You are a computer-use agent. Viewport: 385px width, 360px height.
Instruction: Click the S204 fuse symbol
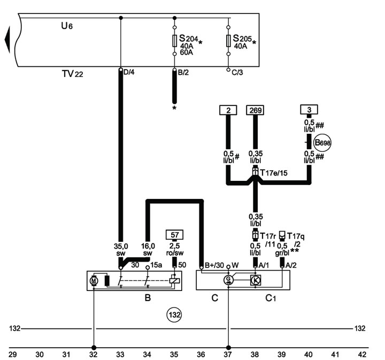pos(174,41)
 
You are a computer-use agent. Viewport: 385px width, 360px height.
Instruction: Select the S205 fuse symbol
pos(228,41)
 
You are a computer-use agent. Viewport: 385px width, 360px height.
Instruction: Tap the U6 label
pos(67,26)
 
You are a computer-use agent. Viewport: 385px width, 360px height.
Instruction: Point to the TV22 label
pos(72,73)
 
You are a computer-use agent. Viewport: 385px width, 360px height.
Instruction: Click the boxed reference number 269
pos(256,110)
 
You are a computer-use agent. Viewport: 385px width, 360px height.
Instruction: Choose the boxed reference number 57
pos(174,234)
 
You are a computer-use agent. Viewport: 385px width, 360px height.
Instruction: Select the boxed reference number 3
pos(309,110)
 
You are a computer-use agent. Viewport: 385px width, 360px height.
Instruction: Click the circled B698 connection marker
pos(322,142)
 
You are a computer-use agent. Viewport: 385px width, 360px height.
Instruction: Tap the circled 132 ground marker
pos(174,315)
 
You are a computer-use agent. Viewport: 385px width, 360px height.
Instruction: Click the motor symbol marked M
pos(94,280)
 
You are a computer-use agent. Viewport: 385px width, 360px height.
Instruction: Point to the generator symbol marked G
pos(228,279)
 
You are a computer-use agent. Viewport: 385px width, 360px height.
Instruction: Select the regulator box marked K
pos(256,280)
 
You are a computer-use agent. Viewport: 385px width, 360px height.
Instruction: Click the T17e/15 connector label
pos(274,173)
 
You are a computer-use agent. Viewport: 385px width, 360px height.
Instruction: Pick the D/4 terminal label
pos(129,72)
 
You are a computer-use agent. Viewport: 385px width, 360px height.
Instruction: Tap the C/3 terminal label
pos(237,72)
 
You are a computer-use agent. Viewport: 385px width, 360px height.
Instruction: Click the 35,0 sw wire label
pos(121,249)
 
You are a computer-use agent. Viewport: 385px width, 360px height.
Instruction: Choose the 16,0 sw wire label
pos(148,249)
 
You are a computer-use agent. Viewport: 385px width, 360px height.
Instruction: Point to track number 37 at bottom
pos(228,354)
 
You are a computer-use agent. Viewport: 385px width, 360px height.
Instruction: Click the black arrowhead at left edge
pos(7,40)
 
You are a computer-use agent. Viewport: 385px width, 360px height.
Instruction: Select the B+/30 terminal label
pos(214,265)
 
